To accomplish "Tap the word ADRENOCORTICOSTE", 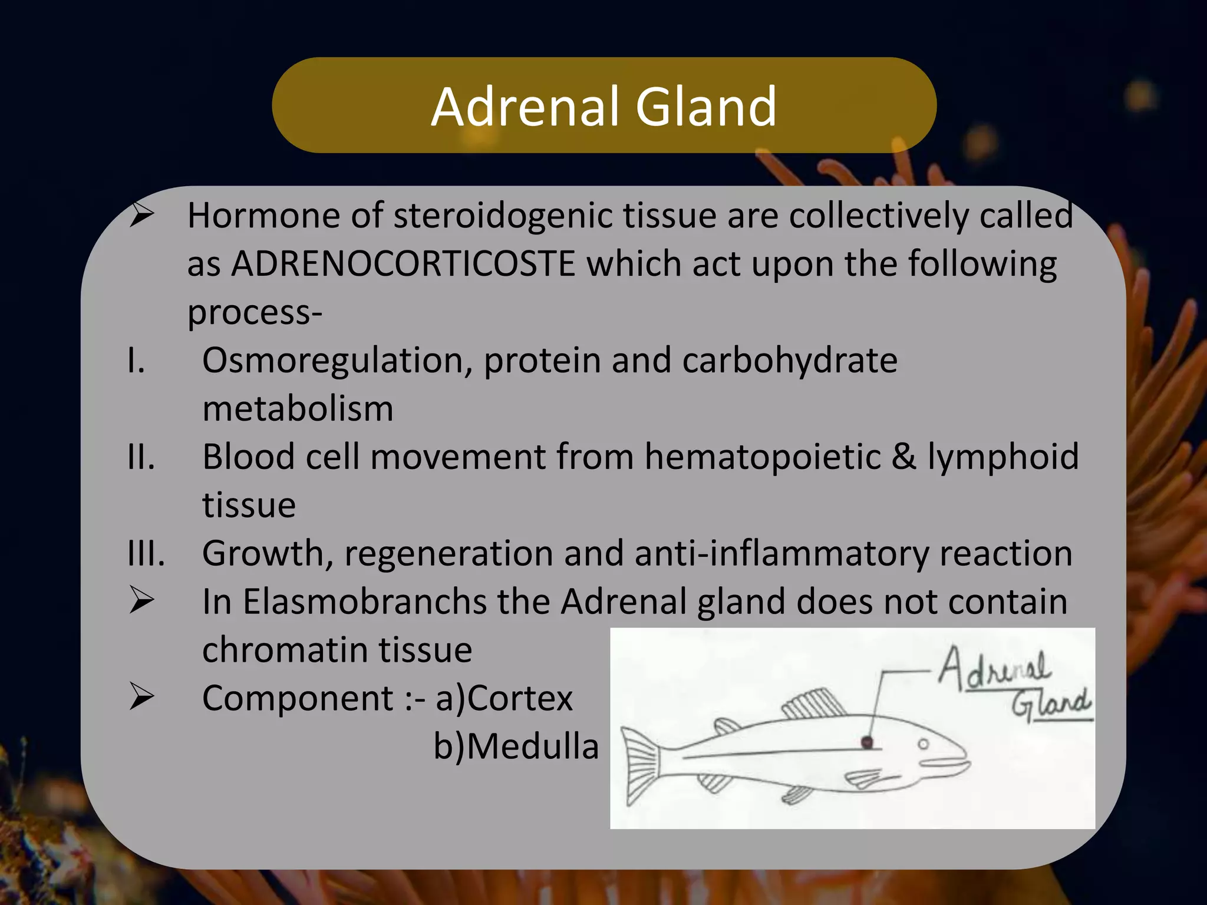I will coord(403,263).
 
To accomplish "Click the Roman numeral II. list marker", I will coord(141,457).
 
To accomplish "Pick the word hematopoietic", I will coord(763,457).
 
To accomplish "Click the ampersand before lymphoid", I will coord(903,457).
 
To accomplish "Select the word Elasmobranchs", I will coord(364,602).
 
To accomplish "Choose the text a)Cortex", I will coord(504,698).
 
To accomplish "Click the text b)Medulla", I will coord(516,747).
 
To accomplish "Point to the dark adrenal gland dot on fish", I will coord(867,742).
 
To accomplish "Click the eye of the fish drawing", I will coord(924,744).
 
